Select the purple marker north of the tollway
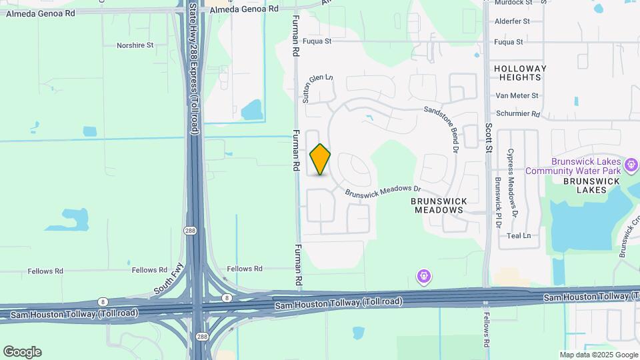click(x=423, y=275)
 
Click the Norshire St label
click(x=135, y=45)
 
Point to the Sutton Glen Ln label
click(x=317, y=88)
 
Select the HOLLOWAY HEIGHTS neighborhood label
click(x=520, y=73)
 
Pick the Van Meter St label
click(x=517, y=96)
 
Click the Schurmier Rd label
click(x=517, y=114)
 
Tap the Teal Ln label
click(x=519, y=236)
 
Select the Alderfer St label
click(x=512, y=21)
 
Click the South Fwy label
click(x=169, y=279)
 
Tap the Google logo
click(x=22, y=352)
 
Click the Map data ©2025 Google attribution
click(x=598, y=355)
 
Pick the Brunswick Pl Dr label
click(x=497, y=203)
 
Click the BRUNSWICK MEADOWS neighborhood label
click(x=437, y=205)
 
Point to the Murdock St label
click(x=513, y=3)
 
